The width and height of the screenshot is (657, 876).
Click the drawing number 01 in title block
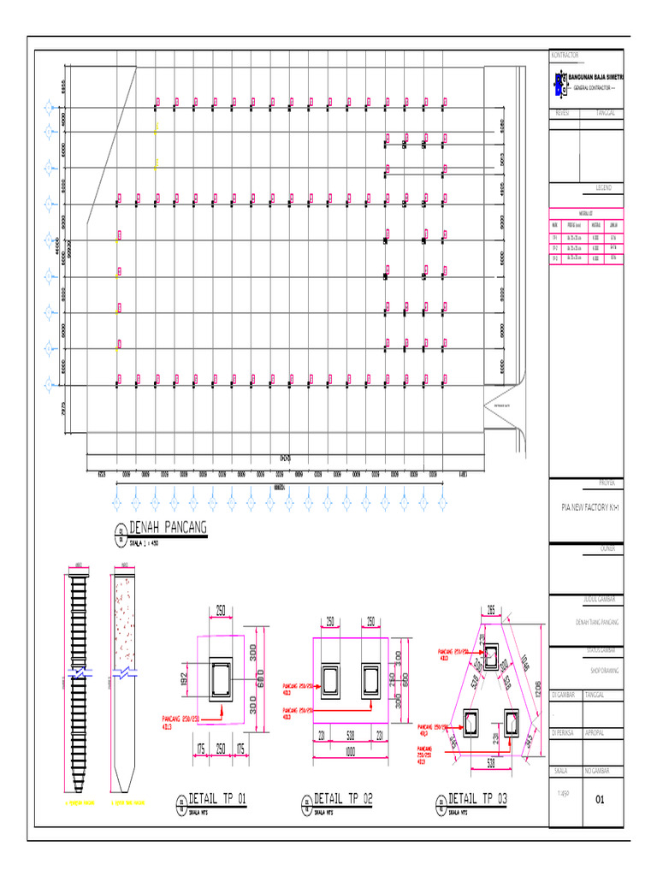pos(600,801)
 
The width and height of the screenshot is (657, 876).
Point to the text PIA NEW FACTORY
pos(586,506)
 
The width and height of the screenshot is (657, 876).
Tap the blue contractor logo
pos(560,83)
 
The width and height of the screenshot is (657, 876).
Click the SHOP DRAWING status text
pos(585,672)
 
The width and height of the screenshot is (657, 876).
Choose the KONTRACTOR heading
pos(565,55)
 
